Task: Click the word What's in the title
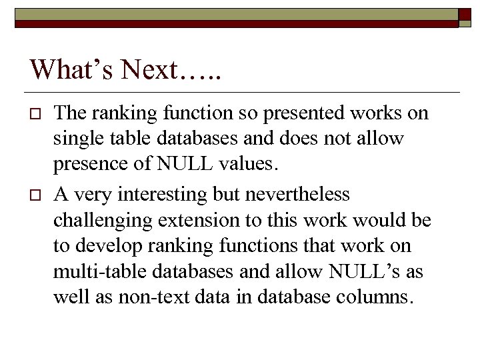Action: [x=70, y=69]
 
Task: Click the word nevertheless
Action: [x=304, y=195]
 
